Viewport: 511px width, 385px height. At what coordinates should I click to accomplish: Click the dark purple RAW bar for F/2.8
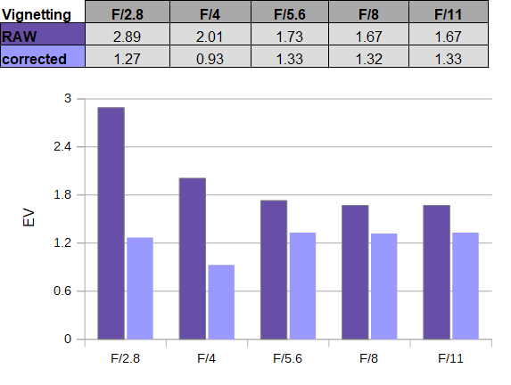coord(111,223)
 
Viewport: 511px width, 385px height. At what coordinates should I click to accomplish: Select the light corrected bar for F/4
coord(221,302)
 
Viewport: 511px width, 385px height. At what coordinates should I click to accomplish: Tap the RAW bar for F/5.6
coord(274,270)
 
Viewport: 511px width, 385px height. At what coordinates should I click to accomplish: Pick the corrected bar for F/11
coord(466,286)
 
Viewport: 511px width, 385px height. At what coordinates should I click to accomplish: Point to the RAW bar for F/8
coord(355,272)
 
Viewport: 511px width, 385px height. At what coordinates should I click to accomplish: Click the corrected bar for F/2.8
coord(140,288)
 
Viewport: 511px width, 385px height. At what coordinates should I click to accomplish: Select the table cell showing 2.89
coord(128,34)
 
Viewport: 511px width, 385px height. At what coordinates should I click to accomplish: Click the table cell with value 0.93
coord(210,57)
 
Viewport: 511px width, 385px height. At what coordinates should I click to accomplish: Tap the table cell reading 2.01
coord(210,34)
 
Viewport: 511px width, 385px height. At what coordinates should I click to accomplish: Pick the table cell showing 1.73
coord(290,34)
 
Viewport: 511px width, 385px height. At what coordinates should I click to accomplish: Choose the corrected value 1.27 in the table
coord(128,57)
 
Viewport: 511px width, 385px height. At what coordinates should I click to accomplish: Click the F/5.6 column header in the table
coord(290,12)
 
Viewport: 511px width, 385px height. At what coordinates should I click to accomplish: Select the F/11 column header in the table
coord(449,12)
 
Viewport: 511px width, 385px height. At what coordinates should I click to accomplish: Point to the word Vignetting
coord(37,14)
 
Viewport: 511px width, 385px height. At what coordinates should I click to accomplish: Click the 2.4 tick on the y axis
coord(62,146)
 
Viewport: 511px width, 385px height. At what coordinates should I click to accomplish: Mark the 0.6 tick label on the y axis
coord(62,291)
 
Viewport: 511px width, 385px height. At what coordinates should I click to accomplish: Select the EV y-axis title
coord(29,217)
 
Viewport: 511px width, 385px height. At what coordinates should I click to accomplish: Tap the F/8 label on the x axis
coord(368,358)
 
